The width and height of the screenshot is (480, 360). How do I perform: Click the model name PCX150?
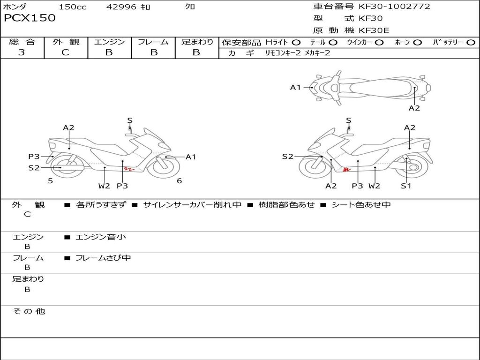coord(30,18)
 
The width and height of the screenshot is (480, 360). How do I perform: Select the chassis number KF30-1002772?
coord(394,7)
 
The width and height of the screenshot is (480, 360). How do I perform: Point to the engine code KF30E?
coord(374,31)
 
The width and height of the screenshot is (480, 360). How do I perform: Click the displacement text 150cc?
coord(73,7)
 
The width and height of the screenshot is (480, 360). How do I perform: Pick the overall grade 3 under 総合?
coord(22,52)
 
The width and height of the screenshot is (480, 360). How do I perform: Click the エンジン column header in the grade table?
coord(109,42)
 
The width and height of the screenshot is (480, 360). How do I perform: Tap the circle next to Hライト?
coord(296,42)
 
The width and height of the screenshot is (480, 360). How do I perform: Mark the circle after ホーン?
coord(418,42)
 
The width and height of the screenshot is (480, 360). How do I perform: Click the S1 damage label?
coord(406,186)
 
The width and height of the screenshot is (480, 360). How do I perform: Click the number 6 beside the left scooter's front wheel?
coord(179,181)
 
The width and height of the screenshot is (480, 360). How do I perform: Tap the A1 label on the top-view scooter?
coord(295,87)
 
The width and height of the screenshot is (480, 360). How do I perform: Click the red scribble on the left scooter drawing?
coord(129,168)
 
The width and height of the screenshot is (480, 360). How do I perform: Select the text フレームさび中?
coord(103,258)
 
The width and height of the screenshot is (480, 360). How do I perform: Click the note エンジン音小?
coord(100,237)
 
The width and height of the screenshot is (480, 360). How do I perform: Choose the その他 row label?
coord(29,311)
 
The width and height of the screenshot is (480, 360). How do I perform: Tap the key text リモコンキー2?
coord(283,53)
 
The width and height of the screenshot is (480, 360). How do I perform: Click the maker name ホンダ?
coord(15,7)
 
